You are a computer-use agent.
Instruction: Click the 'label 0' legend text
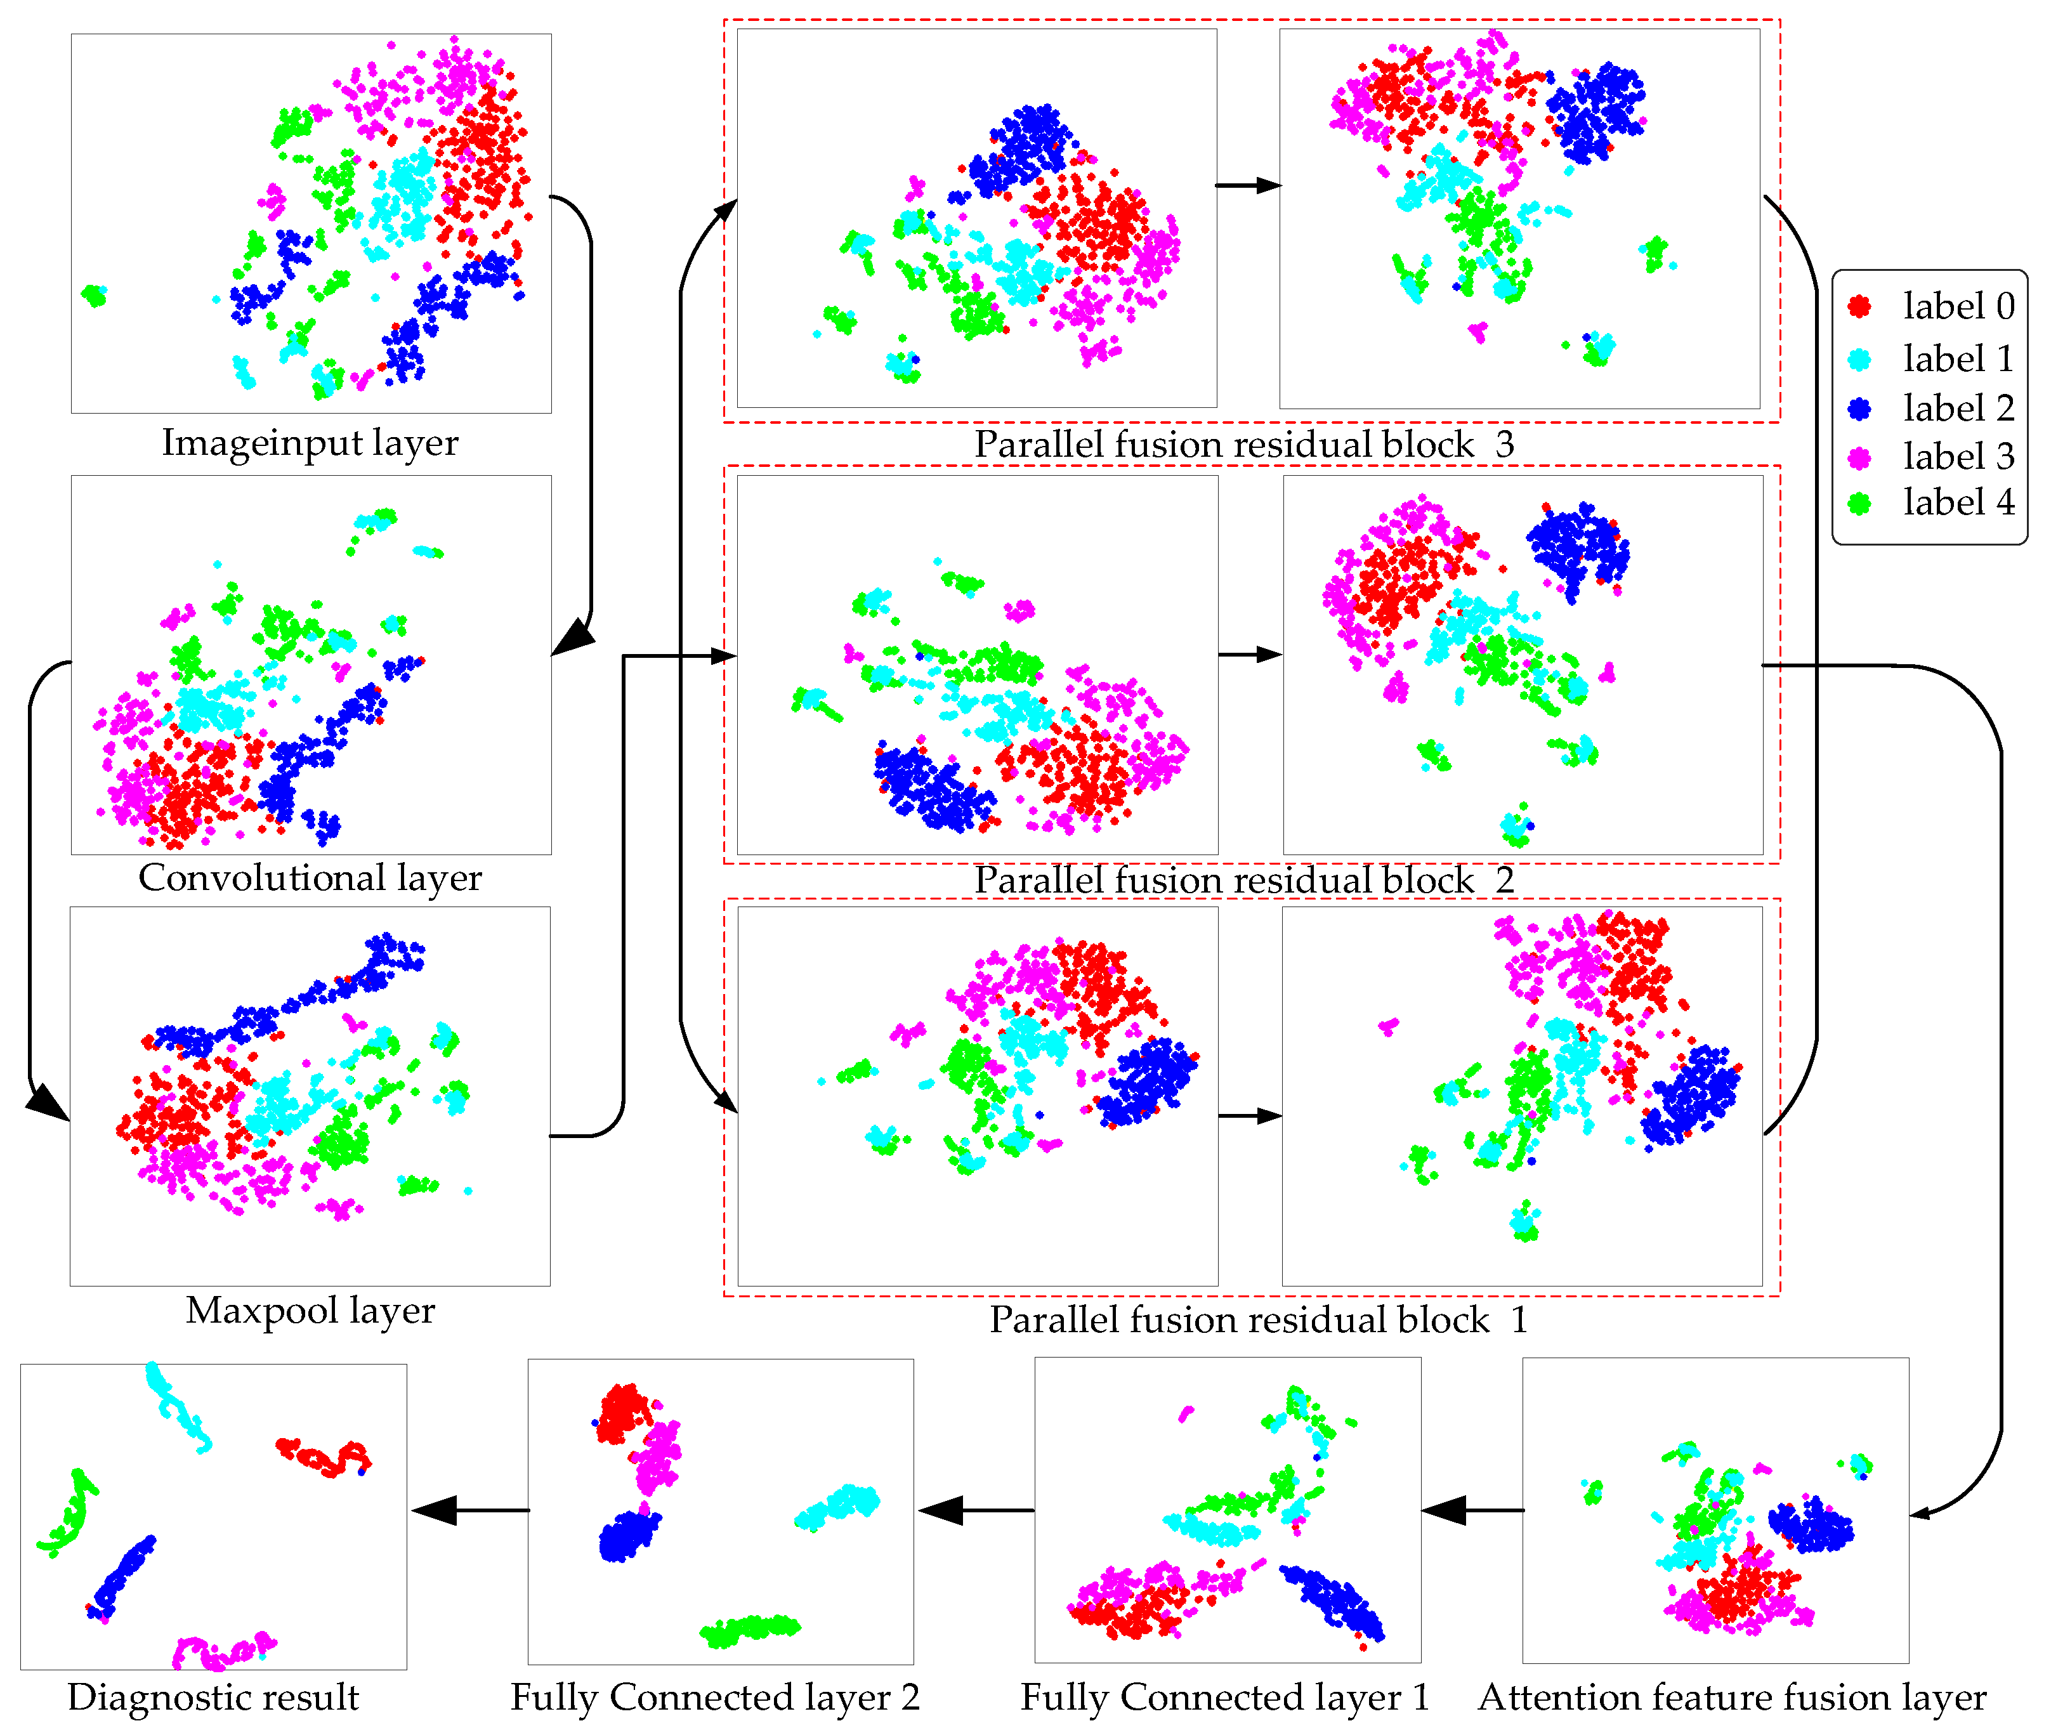coord(1958,307)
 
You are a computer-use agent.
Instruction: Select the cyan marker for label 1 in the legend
coord(1858,359)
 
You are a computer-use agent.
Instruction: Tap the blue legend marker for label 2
coord(1858,408)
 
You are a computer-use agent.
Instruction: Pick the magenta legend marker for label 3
coord(1858,457)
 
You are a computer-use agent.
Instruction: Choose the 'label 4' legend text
coord(1958,502)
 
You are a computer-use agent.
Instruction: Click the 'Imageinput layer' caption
coord(310,443)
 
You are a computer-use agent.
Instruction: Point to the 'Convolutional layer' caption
coord(310,877)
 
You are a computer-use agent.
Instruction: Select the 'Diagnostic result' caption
coord(213,1697)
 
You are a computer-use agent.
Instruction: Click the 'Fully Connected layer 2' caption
coord(715,1697)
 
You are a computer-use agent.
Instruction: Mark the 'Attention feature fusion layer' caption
coord(1731,1697)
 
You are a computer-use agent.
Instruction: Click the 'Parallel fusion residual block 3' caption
coord(1245,445)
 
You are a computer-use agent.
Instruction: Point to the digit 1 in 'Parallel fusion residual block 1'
coord(1519,1320)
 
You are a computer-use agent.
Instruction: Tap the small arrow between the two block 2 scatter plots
coord(1249,654)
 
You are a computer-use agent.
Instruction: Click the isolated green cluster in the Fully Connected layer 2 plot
coord(750,1629)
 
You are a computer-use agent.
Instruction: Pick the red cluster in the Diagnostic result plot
coord(325,1457)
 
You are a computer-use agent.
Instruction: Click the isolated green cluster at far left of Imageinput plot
coord(95,294)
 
